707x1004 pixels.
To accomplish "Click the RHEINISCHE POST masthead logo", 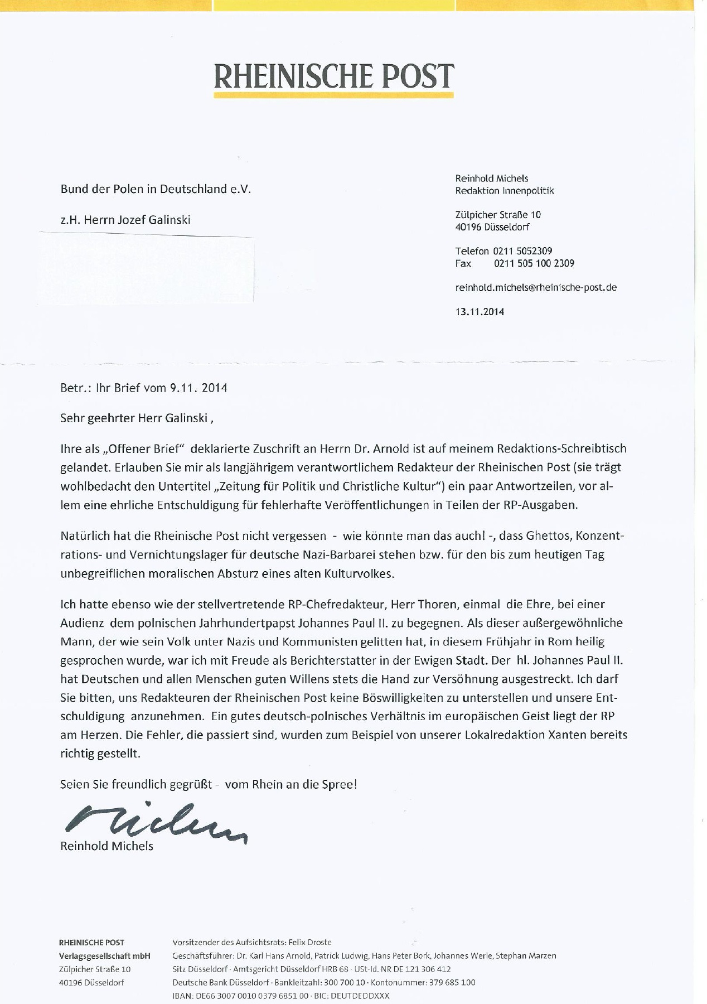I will (333, 77).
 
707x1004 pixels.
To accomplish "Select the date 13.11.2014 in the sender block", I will (480, 312).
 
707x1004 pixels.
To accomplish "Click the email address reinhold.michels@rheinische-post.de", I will (536, 288).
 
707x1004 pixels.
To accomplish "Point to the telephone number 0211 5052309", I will (522, 251).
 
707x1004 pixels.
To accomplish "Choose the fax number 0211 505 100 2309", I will (534, 263).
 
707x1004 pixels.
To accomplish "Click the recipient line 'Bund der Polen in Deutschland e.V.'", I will (156, 189).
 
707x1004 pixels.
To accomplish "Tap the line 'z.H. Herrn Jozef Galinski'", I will (125, 220).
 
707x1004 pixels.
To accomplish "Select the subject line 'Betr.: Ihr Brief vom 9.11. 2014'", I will (144, 388).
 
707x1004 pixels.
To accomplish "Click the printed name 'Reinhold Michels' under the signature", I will (106, 846).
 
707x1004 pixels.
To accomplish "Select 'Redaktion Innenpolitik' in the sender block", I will (505, 191).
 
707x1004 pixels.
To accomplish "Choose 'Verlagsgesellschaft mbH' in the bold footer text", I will (105, 955).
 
